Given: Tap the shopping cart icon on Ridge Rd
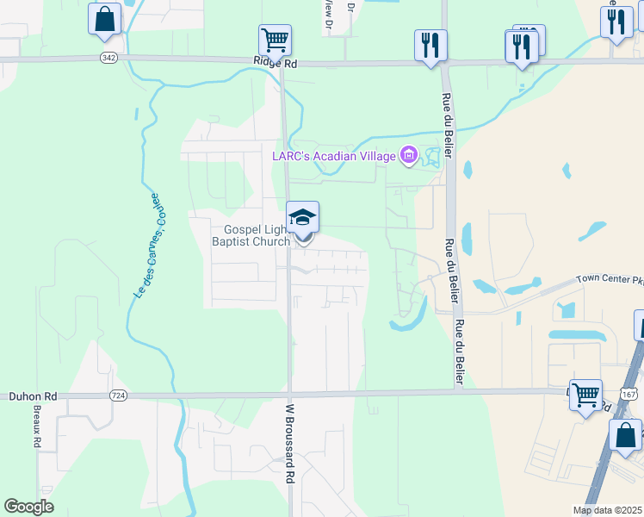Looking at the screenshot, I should [x=275, y=40].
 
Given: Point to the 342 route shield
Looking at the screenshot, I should [x=108, y=57].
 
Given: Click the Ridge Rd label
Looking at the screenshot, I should [x=275, y=63].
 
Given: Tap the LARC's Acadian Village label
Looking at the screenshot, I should [x=334, y=156].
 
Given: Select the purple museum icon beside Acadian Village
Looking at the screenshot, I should [x=408, y=156].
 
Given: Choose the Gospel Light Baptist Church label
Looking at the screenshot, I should [x=257, y=235].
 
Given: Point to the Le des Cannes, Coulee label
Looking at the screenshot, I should [x=146, y=246].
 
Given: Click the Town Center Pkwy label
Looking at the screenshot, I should [x=610, y=279].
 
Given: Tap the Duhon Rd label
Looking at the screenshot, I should [x=33, y=396].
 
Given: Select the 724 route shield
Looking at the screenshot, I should [x=119, y=395].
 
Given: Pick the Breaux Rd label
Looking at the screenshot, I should [x=37, y=426].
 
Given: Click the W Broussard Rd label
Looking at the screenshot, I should [x=290, y=443].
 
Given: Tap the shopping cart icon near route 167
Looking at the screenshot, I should [x=585, y=395].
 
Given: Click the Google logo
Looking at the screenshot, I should [x=28, y=507].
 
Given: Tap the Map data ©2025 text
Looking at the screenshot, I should [x=606, y=510].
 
